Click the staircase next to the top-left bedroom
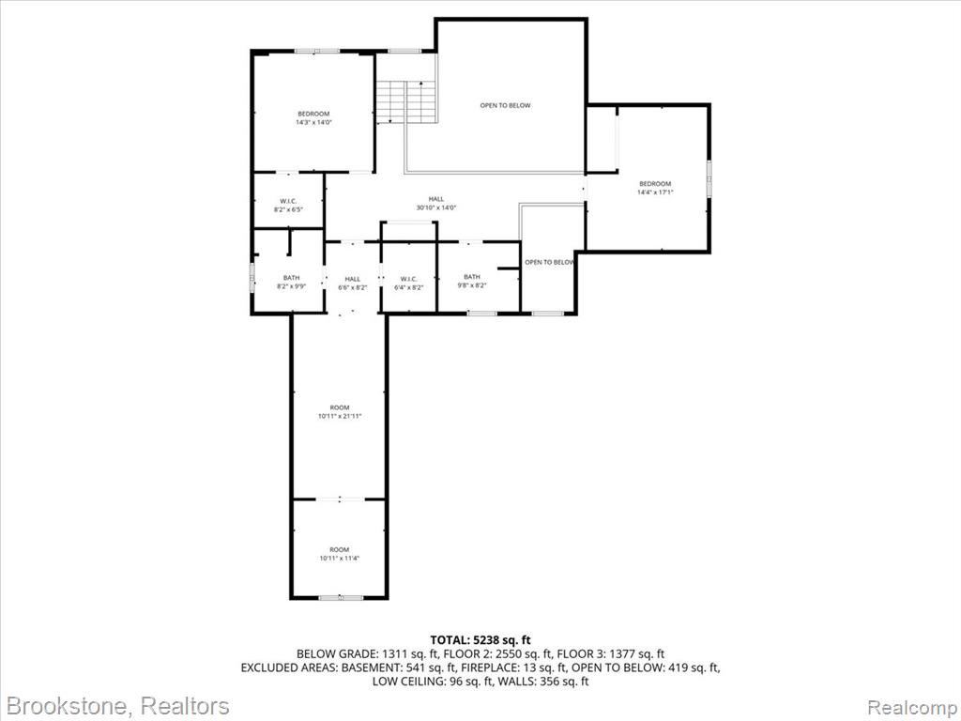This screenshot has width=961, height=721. point(406,101)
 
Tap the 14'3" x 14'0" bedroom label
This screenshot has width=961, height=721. point(313,117)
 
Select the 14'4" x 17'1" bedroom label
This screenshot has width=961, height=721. point(655,188)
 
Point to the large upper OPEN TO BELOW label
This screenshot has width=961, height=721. point(505,105)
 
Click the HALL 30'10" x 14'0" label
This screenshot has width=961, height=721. point(436,203)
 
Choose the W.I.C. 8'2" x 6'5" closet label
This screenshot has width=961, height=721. point(289,205)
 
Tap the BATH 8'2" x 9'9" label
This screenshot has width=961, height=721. point(291,282)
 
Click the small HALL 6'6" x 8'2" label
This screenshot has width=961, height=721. point(353,284)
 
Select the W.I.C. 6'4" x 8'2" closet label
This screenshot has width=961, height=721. point(409,284)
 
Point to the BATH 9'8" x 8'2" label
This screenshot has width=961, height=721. point(472,281)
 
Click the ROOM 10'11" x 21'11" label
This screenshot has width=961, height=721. point(340,411)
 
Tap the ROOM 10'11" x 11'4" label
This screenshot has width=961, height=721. point(339,554)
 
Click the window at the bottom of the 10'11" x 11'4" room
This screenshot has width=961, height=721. point(340,597)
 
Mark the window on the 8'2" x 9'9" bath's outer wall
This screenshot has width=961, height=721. point(252,278)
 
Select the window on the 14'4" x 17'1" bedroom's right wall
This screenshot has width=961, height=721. point(709,178)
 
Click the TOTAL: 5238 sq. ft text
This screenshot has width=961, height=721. point(480,641)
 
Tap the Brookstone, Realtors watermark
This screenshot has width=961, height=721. point(118,705)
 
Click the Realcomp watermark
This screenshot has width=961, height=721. point(910,706)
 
